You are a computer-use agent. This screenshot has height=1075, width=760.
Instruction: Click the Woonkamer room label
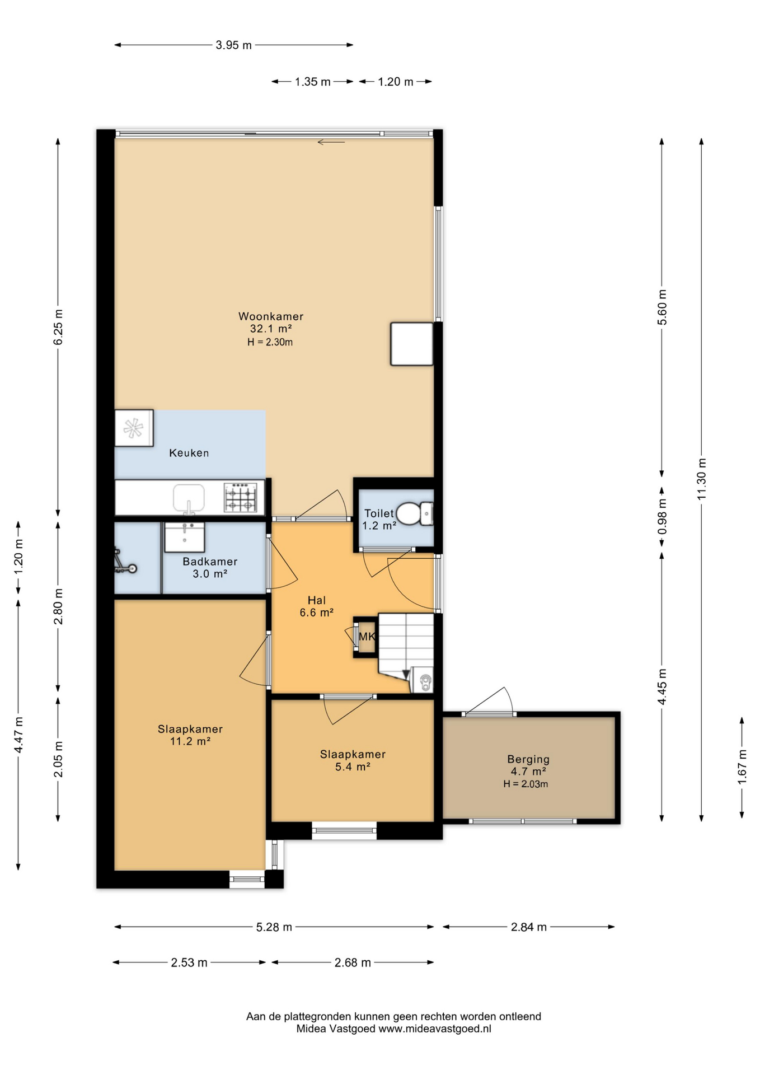pyautogui.click(x=271, y=316)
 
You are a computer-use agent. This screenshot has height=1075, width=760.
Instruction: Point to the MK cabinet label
pyautogui.click(x=367, y=637)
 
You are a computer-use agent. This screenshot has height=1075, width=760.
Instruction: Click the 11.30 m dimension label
pyautogui.click(x=702, y=479)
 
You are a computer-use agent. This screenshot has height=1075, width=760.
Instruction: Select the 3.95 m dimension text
pyautogui.click(x=233, y=45)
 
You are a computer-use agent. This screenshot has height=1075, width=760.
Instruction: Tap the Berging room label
pyautogui.click(x=528, y=759)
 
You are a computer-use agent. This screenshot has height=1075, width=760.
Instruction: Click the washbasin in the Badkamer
pyautogui.click(x=184, y=537)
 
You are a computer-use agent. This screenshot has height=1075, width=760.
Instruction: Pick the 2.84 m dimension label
pyautogui.click(x=528, y=927)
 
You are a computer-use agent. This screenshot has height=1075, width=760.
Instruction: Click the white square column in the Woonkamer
pyautogui.click(x=412, y=344)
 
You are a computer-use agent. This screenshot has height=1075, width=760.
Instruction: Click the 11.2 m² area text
pyautogui.click(x=190, y=741)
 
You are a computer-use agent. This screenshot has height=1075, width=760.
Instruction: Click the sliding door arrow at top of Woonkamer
pyautogui.click(x=331, y=142)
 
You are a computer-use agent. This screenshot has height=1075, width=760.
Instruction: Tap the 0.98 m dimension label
pyautogui.click(x=662, y=516)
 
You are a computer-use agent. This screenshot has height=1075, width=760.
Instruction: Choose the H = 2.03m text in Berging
pyautogui.click(x=526, y=784)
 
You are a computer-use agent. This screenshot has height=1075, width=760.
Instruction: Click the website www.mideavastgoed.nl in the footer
pyautogui.click(x=434, y=1029)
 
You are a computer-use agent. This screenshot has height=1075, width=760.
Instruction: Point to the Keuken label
pyautogui.click(x=189, y=453)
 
